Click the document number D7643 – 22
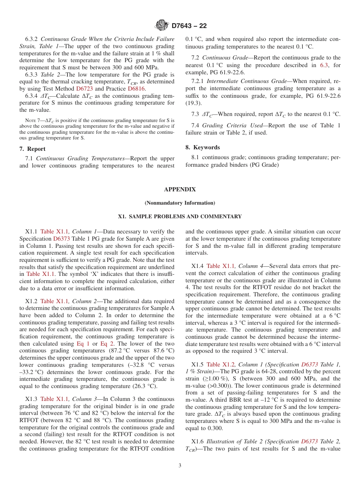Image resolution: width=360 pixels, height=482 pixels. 189,26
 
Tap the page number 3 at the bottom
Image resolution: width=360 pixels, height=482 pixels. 180,465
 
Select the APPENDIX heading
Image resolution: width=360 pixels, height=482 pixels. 180,189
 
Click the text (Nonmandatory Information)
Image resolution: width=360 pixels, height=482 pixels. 180,203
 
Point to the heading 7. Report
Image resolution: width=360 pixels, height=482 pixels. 32,149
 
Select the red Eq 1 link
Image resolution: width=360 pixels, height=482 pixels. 83,344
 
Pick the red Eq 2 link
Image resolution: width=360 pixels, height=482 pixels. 106,344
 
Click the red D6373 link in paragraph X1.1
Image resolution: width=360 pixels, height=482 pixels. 61,239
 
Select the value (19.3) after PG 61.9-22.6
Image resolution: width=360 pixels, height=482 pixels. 193,103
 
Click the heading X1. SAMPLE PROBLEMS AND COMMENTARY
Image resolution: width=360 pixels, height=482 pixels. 180,217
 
